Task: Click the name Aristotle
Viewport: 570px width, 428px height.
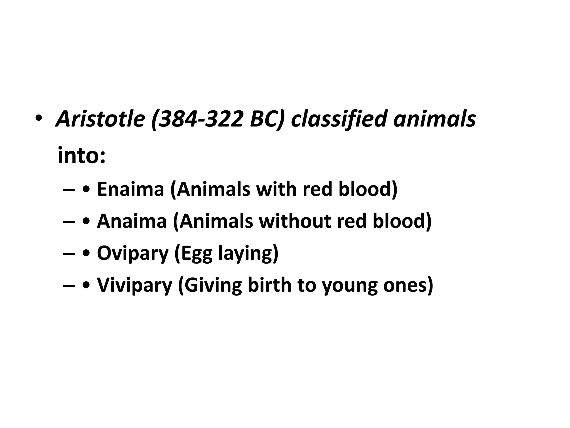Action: coord(100,119)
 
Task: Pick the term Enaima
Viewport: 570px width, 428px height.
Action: coord(131,189)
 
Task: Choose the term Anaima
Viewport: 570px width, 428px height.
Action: coord(132,221)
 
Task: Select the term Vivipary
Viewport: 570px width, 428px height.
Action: coord(134,285)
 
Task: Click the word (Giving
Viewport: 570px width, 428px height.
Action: coord(210,285)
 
